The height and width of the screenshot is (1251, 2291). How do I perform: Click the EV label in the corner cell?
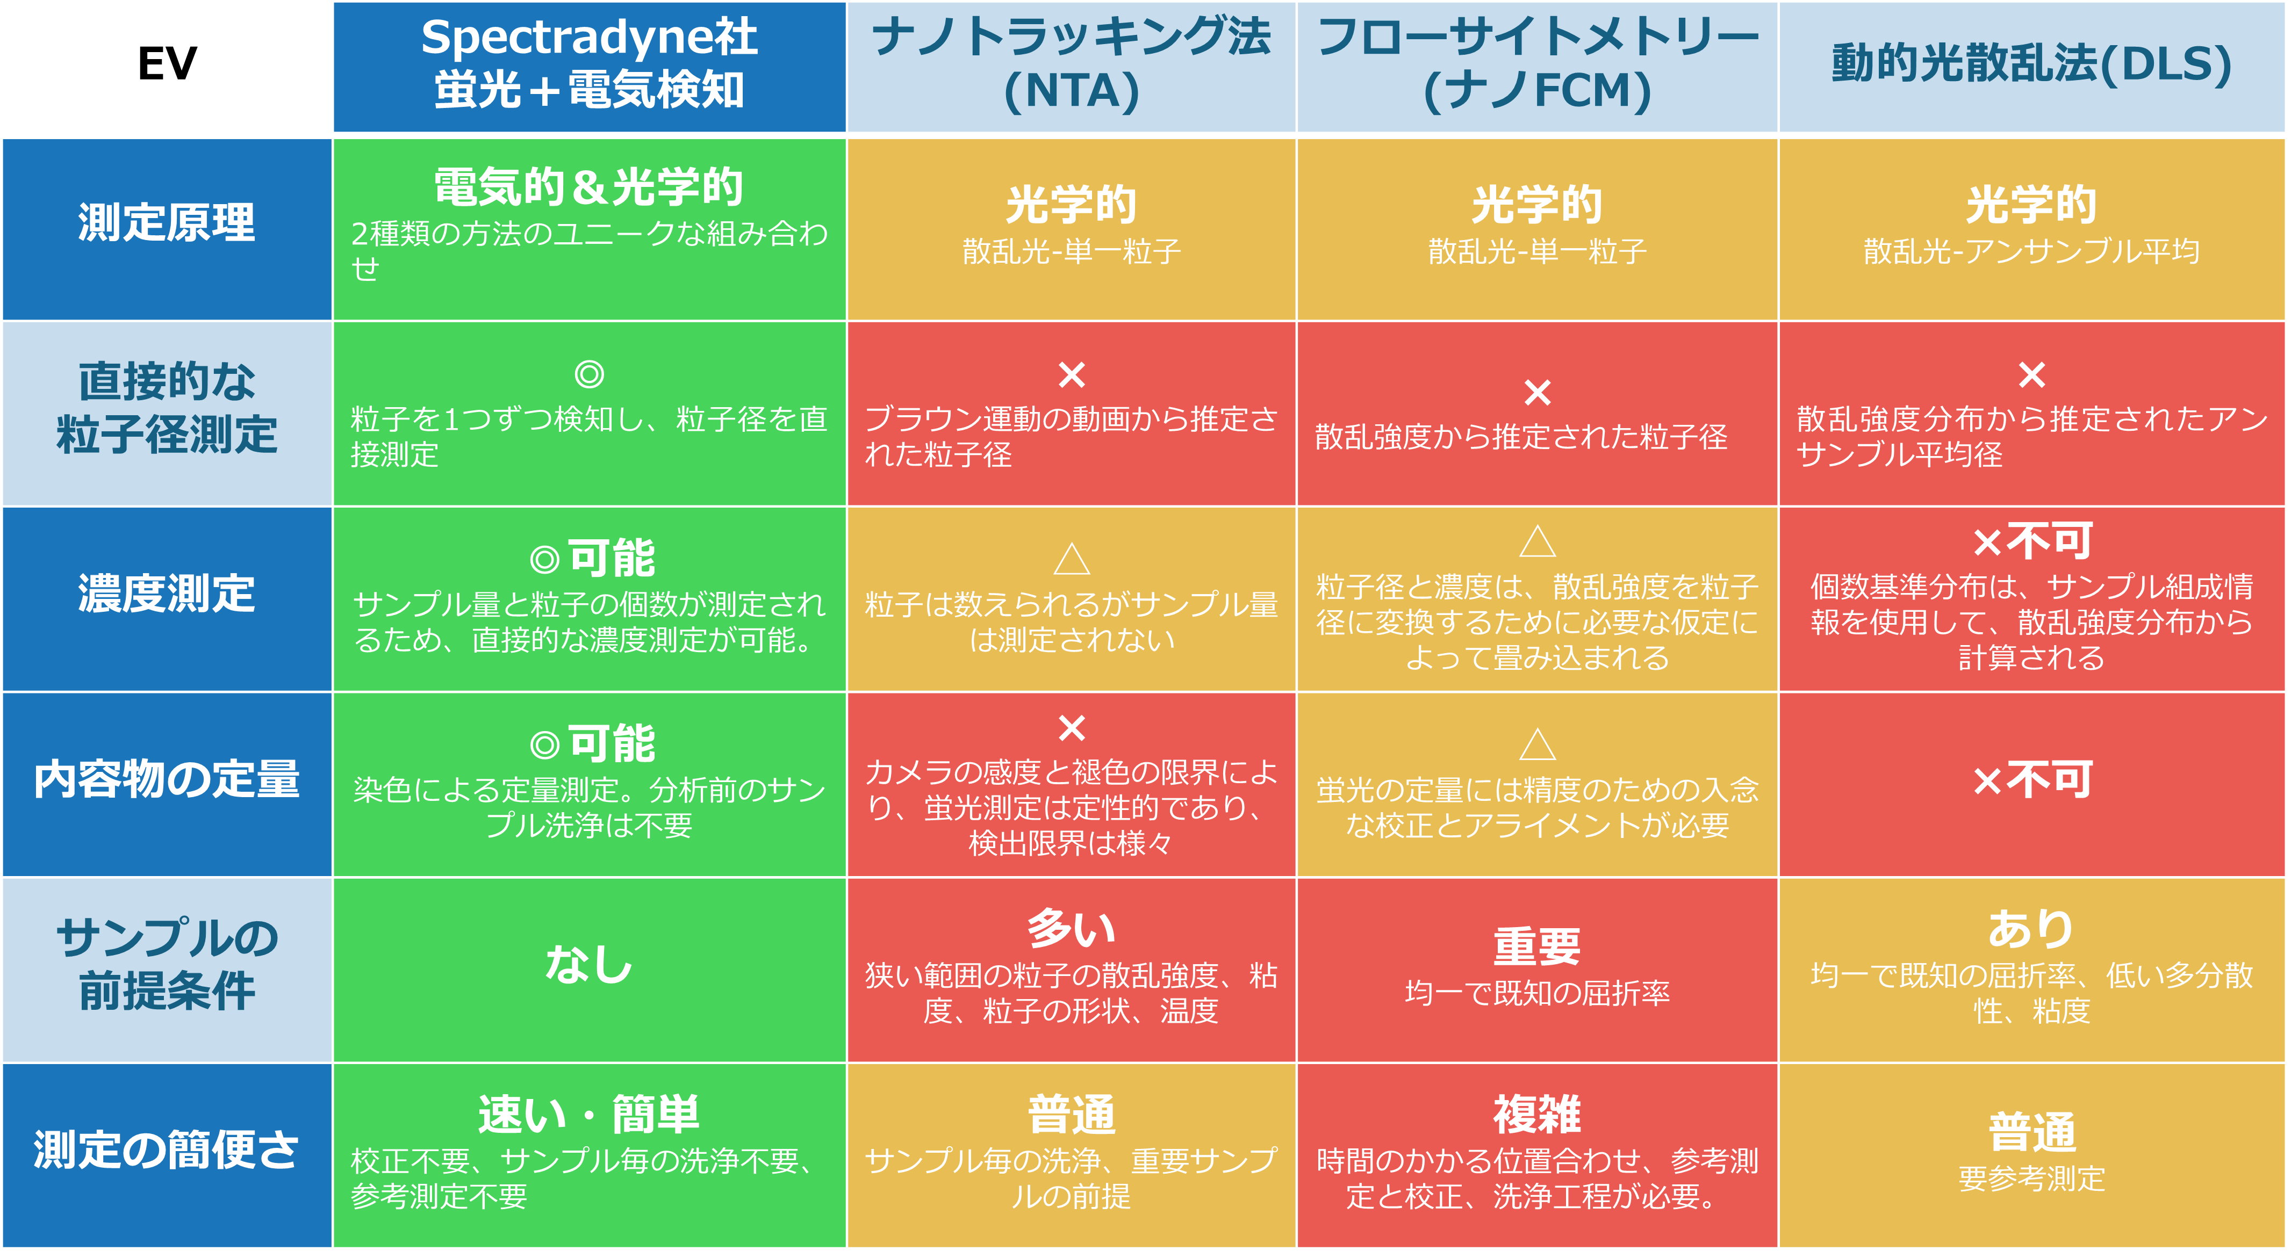coord(167,64)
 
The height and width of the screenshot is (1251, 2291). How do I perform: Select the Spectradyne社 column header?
coord(589,64)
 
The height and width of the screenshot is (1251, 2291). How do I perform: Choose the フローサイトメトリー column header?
coord(1537,64)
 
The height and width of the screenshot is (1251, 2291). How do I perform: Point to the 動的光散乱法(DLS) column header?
coord(2031,64)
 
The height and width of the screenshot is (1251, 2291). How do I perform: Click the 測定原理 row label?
coord(167,222)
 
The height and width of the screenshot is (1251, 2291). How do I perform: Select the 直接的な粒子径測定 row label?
coord(167,408)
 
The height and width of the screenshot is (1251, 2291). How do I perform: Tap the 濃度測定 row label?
coord(167,594)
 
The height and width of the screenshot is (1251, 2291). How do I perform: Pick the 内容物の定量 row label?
coord(167,780)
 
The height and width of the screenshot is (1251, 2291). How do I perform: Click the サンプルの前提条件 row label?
coord(167,965)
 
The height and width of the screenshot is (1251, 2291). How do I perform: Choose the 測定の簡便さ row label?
coord(167,1151)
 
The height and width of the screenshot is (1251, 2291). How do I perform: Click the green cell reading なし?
coord(589,965)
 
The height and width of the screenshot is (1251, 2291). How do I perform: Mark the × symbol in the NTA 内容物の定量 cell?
coord(1072,728)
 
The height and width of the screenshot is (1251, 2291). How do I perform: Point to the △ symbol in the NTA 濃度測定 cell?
coord(1072,559)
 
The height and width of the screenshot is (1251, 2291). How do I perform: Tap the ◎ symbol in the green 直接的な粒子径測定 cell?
coord(589,374)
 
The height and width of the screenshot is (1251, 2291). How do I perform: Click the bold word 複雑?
coord(1537,1115)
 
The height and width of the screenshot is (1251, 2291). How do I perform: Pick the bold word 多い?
coord(1072,929)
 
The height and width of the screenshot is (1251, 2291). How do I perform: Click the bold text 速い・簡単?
coord(589,1115)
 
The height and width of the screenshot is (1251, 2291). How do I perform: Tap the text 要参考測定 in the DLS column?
coord(2031,1179)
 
